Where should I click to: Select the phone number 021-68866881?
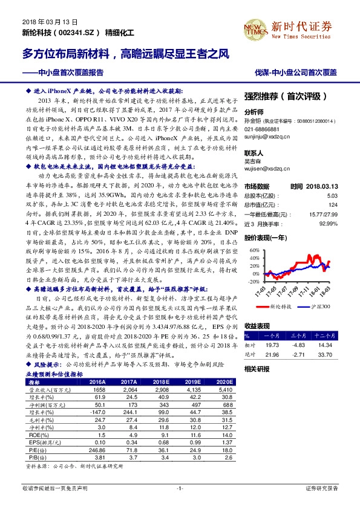click(x=263, y=129)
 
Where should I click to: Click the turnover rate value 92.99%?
click(x=327, y=224)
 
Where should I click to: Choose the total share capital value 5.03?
click(x=332, y=196)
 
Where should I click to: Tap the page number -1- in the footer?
click(x=179, y=487)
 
